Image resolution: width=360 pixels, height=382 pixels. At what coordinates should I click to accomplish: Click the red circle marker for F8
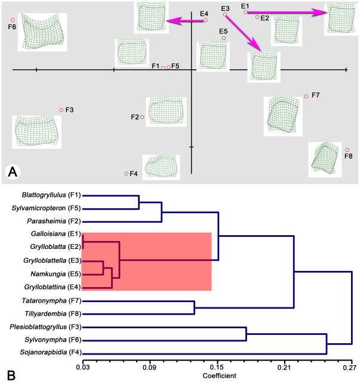(347, 150)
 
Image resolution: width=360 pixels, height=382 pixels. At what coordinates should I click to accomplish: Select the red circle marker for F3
(61, 110)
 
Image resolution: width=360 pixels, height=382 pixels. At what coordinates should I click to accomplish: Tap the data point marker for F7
(306, 96)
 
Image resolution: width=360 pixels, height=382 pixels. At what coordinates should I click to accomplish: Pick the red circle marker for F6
(13, 20)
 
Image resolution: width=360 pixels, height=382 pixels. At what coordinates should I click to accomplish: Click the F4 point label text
(134, 174)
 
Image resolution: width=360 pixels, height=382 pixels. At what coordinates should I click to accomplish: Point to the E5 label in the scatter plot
(223, 30)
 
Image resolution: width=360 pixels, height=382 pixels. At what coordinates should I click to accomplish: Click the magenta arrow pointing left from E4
(185, 21)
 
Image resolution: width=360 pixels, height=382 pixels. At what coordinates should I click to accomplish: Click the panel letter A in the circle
(13, 172)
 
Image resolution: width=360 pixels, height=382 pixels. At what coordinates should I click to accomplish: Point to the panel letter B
(8, 374)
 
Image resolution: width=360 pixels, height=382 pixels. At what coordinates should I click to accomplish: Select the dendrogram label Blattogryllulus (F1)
(51, 195)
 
